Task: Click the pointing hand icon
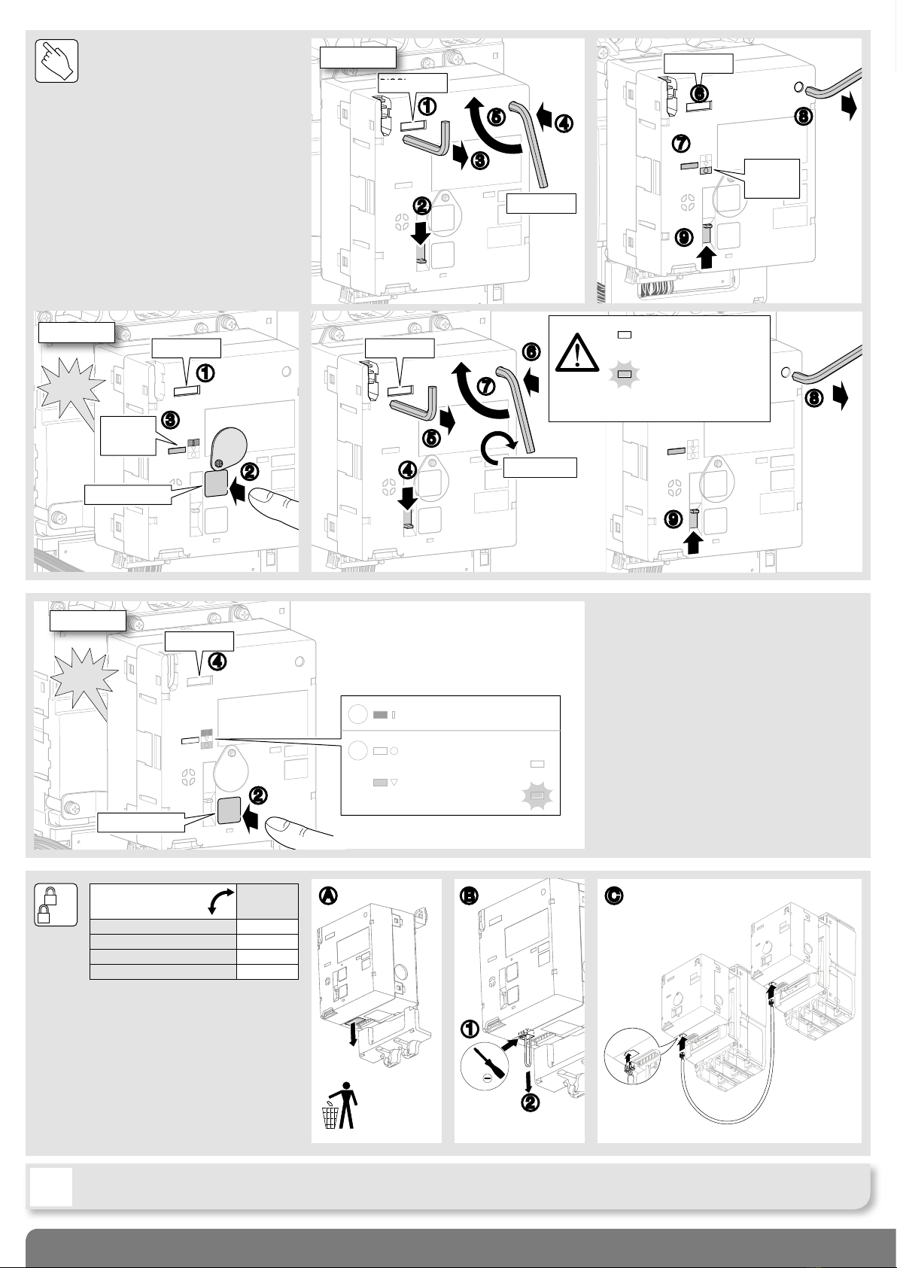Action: (x=57, y=60)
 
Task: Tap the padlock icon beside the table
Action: (x=56, y=904)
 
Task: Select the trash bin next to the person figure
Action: (x=329, y=1117)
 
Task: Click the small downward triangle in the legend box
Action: (x=394, y=783)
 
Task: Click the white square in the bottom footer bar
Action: (x=52, y=1187)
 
